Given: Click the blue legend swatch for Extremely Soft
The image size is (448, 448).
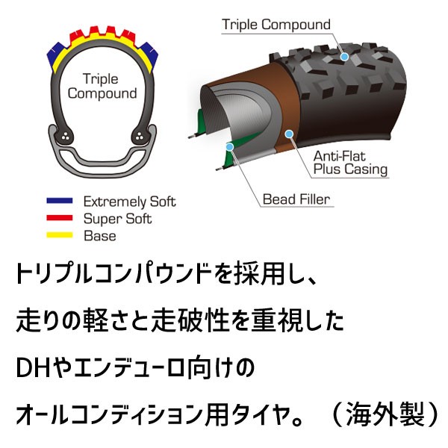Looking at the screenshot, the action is pyautogui.click(x=60, y=201).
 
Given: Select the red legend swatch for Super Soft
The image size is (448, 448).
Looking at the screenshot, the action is pyautogui.click(x=60, y=218).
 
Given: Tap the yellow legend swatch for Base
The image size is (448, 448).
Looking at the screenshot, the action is pyautogui.click(x=60, y=235).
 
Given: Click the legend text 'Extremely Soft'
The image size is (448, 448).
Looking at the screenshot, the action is pyautogui.click(x=129, y=202).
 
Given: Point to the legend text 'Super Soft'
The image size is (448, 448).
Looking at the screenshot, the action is pyautogui.click(x=117, y=219).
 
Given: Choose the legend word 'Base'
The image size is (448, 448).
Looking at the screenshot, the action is pyautogui.click(x=100, y=236).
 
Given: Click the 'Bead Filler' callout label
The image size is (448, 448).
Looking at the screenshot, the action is pyautogui.click(x=296, y=199).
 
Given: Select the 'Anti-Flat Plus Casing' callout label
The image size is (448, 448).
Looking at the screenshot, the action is pyautogui.click(x=350, y=163).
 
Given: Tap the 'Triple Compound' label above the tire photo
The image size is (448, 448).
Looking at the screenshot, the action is pyautogui.click(x=276, y=25).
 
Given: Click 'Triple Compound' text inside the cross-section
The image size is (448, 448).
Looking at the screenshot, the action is pyautogui.click(x=102, y=87).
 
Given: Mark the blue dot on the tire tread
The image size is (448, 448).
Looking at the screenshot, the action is pyautogui.click(x=344, y=57).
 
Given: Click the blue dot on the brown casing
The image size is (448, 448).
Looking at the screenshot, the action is pyautogui.click(x=289, y=134).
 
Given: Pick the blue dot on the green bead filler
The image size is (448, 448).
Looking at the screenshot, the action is pyautogui.click(x=229, y=147).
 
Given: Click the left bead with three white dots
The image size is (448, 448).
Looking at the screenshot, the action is pyautogui.click(x=66, y=137).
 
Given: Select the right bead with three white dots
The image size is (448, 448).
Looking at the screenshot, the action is pyautogui.click(x=139, y=137).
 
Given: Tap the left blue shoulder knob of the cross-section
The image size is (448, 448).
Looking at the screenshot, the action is pyautogui.click(x=56, y=55).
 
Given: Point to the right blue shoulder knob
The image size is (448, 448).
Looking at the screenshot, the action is pyautogui.click(x=149, y=55).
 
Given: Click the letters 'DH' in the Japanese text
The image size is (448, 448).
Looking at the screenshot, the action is pyautogui.click(x=34, y=368).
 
